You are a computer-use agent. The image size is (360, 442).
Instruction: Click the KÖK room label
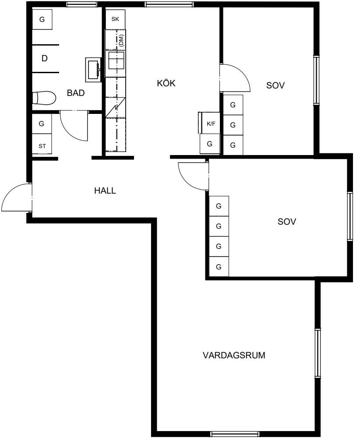pos(166,83)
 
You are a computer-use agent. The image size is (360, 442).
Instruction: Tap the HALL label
pos(105,191)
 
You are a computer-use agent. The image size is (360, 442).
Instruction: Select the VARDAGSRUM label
pos(234,355)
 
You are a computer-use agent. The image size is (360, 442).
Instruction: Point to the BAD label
pos(76,93)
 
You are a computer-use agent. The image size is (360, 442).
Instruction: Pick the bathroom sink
pos(93,70)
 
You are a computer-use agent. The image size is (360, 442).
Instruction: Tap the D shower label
pos(44,58)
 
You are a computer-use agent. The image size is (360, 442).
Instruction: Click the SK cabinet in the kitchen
pos(115,19)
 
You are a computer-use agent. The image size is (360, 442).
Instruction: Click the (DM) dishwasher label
pos(121,40)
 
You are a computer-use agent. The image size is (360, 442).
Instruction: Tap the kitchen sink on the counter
pos(115,64)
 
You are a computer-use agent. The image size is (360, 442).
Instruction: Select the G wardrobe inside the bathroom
pos(42,19)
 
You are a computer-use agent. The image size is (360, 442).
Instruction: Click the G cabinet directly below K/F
pos(209,144)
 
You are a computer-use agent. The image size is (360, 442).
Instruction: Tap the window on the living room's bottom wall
pos(235,434)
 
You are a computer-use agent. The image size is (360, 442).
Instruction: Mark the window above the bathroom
pos(82,4)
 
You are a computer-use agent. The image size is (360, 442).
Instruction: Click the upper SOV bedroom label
pos(275,85)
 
